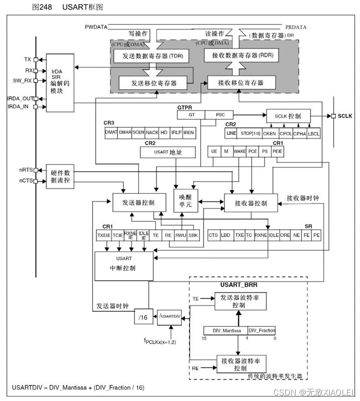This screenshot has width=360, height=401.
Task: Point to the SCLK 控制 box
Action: pyautogui.click(x=288, y=116)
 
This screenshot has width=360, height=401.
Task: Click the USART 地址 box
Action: pyautogui.click(x=167, y=152)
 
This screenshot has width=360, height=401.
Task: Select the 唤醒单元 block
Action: pyautogui.click(x=185, y=200)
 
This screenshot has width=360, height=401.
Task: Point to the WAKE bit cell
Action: pyautogui.click(x=239, y=151)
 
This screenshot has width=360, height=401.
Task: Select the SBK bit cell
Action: pyautogui.click(x=194, y=235)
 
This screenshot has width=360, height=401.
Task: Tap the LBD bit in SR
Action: pyautogui.click(x=226, y=235)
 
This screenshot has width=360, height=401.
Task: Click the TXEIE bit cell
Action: pyautogui.click(x=104, y=235)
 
